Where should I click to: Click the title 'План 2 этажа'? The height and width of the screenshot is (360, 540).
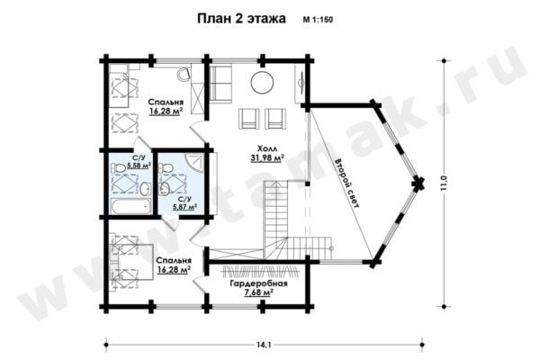pyautogui.click(x=241, y=19)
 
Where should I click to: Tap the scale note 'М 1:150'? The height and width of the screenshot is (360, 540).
pyautogui.click(x=318, y=20)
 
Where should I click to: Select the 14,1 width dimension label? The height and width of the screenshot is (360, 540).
pyautogui.click(x=264, y=344)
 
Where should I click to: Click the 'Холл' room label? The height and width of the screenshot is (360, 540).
pyautogui.click(x=267, y=148)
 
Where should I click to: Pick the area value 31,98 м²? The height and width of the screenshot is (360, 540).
pyautogui.click(x=267, y=158)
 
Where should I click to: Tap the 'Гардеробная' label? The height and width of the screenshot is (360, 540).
pyautogui.click(x=258, y=283)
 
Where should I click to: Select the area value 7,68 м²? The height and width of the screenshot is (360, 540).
pyautogui.click(x=258, y=292)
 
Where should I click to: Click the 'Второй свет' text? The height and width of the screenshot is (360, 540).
pyautogui.click(x=347, y=183)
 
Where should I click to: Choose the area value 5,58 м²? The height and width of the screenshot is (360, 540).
pyautogui.click(x=139, y=166)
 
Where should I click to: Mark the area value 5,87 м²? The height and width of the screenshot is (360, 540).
pyautogui.click(x=184, y=207)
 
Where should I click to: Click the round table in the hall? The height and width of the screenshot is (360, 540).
pyautogui.click(x=263, y=82)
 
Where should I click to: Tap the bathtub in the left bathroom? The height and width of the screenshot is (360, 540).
pyautogui.click(x=130, y=206)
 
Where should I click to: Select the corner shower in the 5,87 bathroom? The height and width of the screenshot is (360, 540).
pyautogui.click(x=195, y=161)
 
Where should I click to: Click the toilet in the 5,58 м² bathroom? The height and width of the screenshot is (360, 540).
pyautogui.click(x=118, y=168)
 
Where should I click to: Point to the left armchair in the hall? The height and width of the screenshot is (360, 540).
pyautogui.click(x=248, y=119)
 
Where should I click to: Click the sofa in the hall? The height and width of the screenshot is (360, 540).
pyautogui.click(x=220, y=84)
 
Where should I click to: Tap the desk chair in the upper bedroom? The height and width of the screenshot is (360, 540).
pyautogui.click(x=184, y=73)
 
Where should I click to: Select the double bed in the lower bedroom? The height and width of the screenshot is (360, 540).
pyautogui.click(x=131, y=262)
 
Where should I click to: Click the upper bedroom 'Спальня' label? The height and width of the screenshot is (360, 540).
pyautogui.click(x=166, y=102)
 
